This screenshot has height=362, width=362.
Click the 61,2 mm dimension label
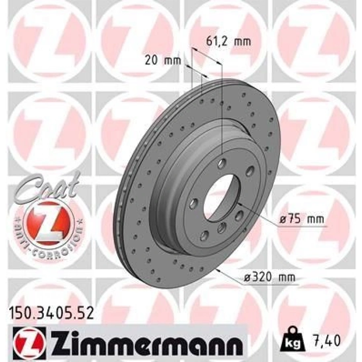[228, 41]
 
